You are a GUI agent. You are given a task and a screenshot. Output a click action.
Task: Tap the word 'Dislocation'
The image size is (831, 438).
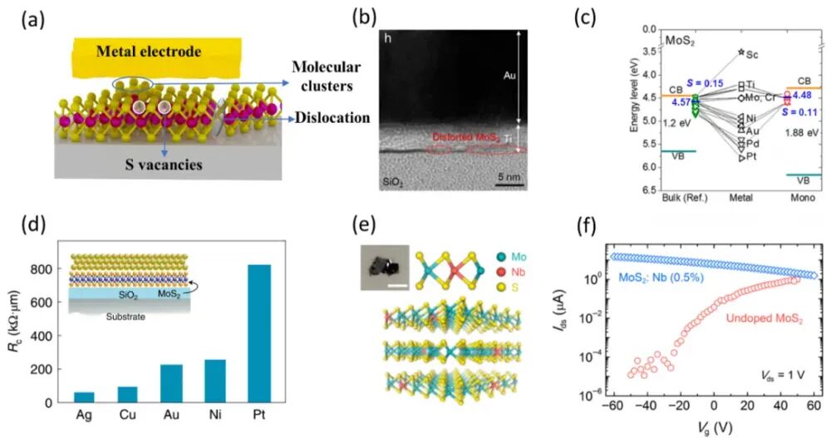[330, 118]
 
